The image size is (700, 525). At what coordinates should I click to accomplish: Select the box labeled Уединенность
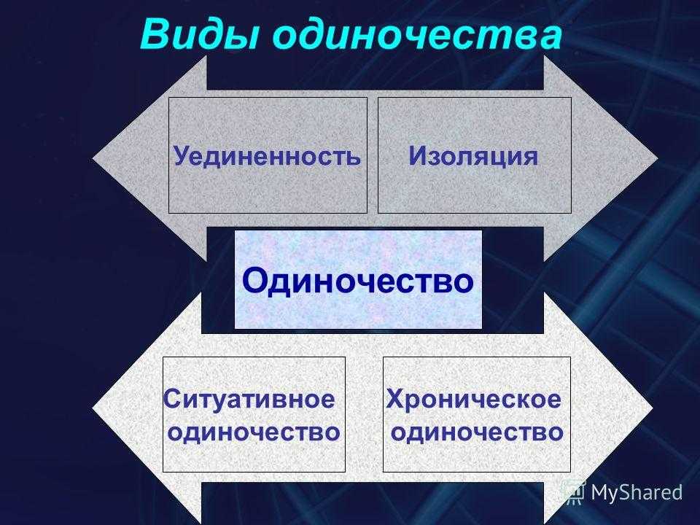(x=268, y=155)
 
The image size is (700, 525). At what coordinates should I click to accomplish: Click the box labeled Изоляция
(x=475, y=155)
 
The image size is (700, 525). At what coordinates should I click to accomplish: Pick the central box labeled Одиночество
(x=358, y=280)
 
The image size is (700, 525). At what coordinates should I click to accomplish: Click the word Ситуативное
(x=249, y=399)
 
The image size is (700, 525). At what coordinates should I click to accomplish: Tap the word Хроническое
(x=474, y=399)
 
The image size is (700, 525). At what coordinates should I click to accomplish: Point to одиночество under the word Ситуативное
(x=254, y=432)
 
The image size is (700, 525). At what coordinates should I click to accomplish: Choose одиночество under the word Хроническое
(x=477, y=432)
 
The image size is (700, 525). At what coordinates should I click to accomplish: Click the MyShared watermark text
(x=637, y=492)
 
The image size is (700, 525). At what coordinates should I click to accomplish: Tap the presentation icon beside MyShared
(x=574, y=492)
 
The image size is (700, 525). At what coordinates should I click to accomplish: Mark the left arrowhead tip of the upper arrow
(x=93, y=158)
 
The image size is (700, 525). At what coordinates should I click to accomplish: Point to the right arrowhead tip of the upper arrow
(x=658, y=158)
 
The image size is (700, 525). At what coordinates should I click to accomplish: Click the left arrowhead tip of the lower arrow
(x=93, y=408)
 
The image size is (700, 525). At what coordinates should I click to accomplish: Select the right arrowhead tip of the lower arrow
(x=653, y=408)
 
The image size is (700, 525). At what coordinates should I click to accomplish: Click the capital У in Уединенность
(x=182, y=156)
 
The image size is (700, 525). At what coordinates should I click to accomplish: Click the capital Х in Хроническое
(x=395, y=399)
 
